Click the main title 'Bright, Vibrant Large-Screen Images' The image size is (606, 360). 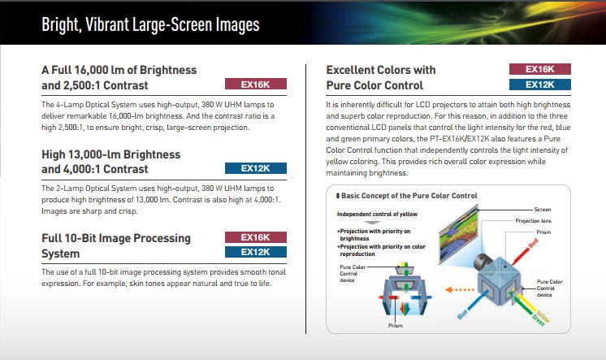(150, 24)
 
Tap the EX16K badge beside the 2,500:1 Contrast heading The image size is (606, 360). (256, 84)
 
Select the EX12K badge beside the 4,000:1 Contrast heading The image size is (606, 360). (256, 168)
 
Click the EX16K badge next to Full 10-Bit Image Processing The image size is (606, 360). (256, 237)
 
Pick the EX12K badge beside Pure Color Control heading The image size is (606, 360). (540, 85)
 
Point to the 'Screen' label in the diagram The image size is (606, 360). (543, 209)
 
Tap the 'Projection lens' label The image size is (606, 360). (534, 221)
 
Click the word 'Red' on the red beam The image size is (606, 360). (534, 243)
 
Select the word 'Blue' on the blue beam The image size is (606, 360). (462, 314)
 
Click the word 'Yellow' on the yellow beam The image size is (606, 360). (543, 317)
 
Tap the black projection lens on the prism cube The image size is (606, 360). (483, 262)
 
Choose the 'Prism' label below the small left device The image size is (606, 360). (396, 326)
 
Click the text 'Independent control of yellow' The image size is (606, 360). (377, 214)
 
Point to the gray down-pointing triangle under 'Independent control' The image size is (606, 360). (373, 223)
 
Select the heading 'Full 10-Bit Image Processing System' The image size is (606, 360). (116, 245)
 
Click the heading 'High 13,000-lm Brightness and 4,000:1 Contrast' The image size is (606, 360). (111, 162)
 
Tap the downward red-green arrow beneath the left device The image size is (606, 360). (405, 309)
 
